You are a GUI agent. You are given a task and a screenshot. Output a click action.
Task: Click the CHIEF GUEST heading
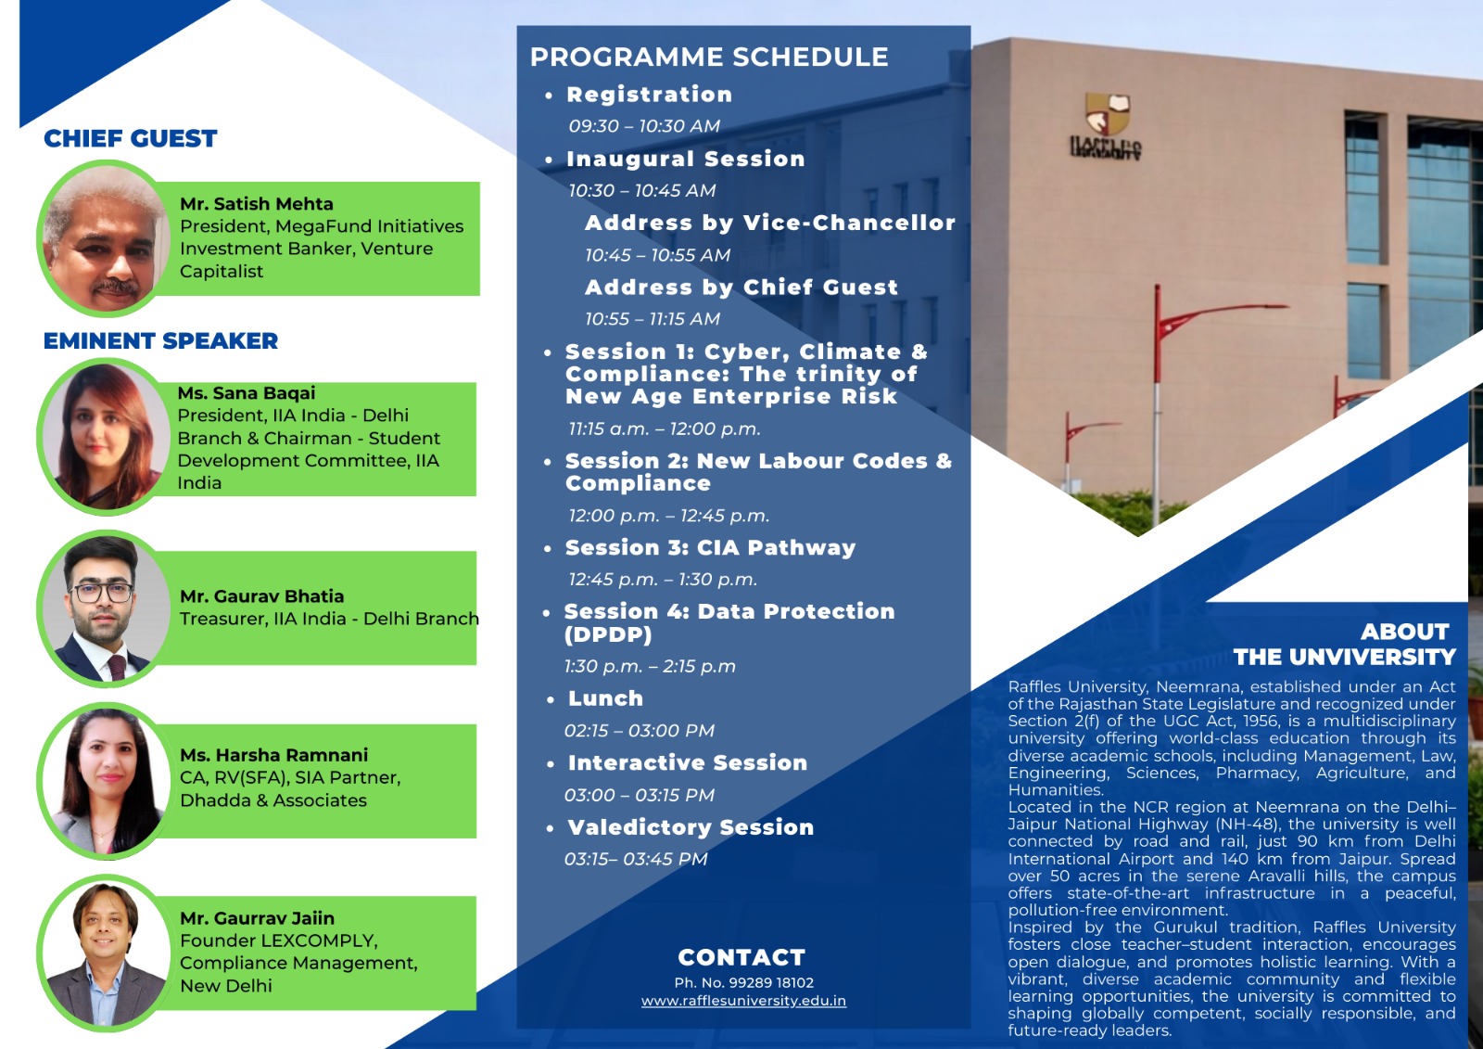(x=131, y=138)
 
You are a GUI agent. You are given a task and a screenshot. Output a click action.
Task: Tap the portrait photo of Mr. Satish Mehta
(x=105, y=237)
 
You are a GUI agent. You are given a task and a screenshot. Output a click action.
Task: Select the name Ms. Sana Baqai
(x=247, y=393)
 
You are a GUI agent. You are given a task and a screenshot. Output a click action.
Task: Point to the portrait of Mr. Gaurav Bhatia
(x=105, y=609)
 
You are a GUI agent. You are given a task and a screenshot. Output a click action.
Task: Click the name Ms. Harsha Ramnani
(x=274, y=755)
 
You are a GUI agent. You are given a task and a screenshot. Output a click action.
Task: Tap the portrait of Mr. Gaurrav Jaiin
(x=105, y=953)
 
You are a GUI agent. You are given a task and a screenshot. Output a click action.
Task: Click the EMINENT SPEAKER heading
(x=161, y=340)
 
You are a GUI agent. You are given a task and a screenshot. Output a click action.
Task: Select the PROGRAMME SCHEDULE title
(x=709, y=57)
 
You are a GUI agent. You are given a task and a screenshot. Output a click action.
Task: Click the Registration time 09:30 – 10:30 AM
(x=644, y=126)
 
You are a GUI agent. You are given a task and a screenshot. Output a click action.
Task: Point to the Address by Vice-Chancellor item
(x=770, y=223)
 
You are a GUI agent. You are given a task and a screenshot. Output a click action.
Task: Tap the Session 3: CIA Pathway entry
(x=710, y=547)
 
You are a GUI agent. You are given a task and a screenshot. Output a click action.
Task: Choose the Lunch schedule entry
(x=606, y=698)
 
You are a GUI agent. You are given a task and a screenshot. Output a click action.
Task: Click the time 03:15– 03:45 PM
(x=636, y=859)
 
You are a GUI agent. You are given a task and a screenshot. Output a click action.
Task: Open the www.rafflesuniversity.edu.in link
(x=743, y=1001)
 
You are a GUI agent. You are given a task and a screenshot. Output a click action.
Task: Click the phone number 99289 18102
(x=771, y=983)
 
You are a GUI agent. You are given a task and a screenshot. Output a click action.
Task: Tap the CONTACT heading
(x=741, y=957)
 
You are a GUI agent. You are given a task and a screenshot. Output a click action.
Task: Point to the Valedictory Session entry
(x=691, y=827)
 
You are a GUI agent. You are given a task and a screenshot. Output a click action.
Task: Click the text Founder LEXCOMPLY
(x=279, y=940)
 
